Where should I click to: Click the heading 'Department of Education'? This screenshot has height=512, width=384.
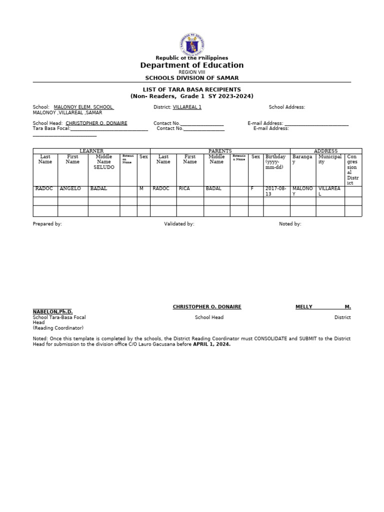(191, 65)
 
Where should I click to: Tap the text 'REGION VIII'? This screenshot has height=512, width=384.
(191, 72)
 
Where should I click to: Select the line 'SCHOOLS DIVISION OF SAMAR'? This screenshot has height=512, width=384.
(191, 78)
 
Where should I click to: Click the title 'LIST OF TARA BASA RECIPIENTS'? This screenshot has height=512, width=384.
(191, 89)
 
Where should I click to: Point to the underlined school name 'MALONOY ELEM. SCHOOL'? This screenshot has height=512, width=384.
(83, 107)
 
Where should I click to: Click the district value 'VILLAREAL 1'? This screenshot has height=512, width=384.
(187, 107)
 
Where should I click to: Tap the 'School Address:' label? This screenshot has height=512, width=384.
(286, 107)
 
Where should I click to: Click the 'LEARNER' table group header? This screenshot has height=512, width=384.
(91, 151)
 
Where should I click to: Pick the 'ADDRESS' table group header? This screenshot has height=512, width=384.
(325, 151)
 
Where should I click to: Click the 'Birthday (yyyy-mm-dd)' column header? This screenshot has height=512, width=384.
(276, 162)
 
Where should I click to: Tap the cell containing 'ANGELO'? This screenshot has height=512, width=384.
(70, 188)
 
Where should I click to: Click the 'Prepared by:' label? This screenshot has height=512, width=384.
(47, 224)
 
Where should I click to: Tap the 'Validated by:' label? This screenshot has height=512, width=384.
(179, 224)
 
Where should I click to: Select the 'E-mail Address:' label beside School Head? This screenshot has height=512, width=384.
(265, 123)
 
